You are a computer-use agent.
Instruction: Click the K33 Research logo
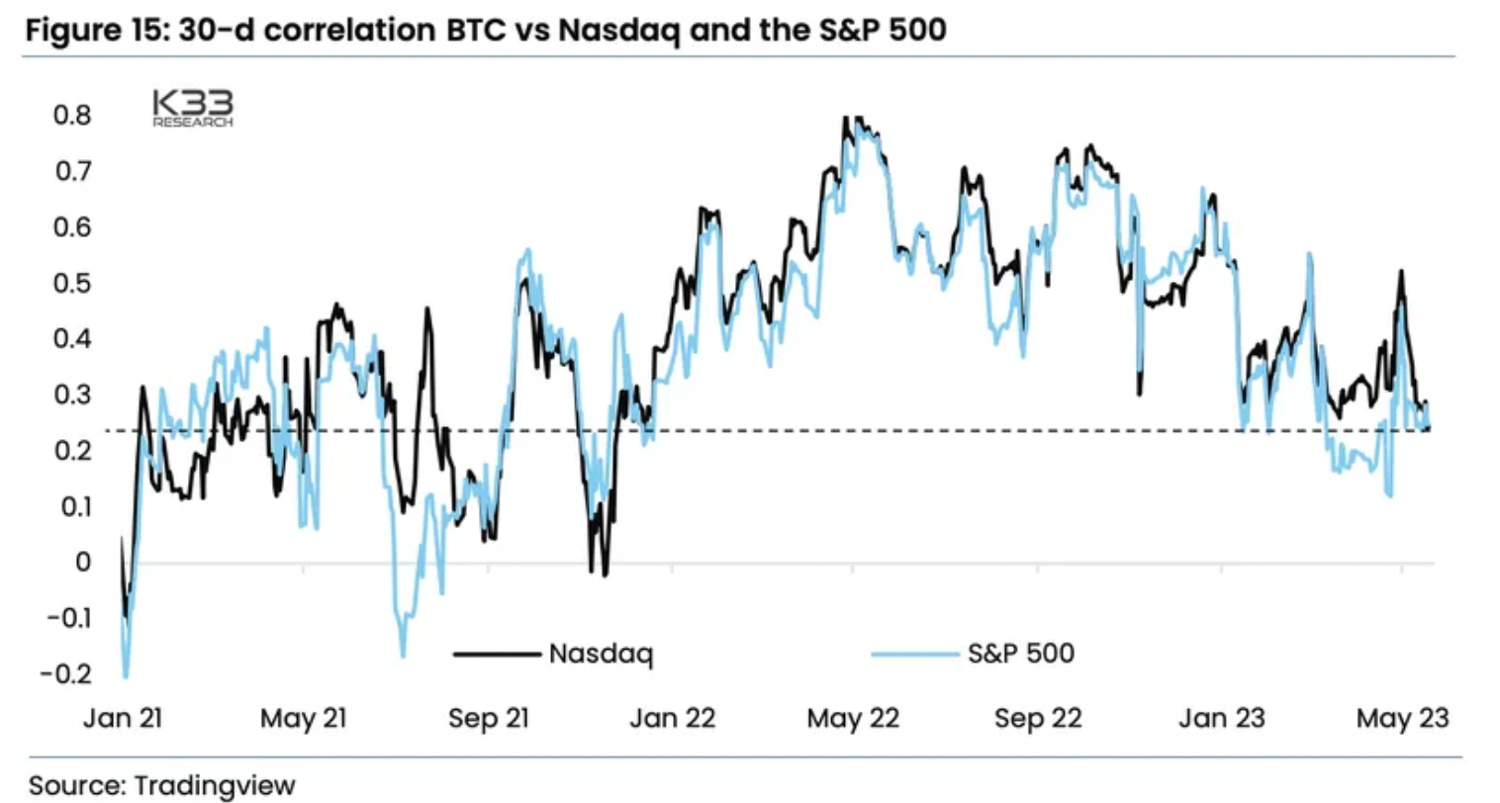coord(193,108)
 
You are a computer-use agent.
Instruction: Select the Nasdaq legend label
coord(601,654)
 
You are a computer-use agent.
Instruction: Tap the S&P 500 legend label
coord(1020,654)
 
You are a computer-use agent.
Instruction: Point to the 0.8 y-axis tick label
coord(71,116)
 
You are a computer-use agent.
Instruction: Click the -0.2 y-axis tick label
coord(65,674)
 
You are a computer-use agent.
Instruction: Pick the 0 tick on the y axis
coord(83,562)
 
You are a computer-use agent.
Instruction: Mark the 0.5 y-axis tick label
coord(71,284)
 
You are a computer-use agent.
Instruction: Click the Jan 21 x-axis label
coord(123,718)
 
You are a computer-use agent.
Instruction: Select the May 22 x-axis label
coord(853,718)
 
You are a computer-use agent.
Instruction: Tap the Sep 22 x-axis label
coord(1038,718)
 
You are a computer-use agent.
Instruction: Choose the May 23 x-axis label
coord(1402,718)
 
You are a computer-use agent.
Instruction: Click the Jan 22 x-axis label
coord(673,718)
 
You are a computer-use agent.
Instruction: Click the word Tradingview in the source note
coord(215,786)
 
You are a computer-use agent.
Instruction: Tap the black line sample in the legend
coord(497,654)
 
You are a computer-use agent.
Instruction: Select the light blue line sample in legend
coord(914,654)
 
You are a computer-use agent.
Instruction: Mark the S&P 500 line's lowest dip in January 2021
coord(126,676)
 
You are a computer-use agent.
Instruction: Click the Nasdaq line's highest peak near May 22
coord(846,118)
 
